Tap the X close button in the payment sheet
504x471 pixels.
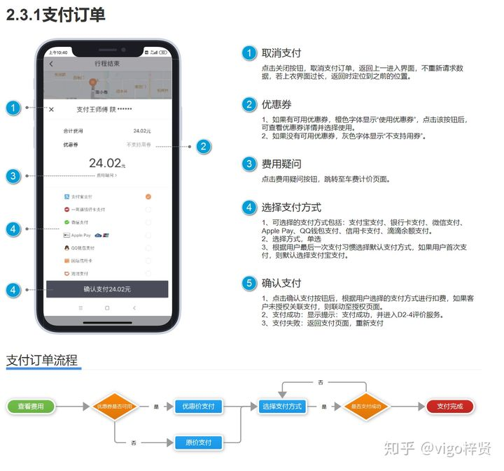point(51,109)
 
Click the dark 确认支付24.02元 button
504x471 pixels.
point(107,289)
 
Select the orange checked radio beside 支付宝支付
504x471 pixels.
point(148,196)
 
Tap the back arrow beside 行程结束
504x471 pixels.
point(51,64)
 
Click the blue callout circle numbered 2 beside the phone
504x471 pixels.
point(203,146)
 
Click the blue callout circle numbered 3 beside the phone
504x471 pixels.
point(13,175)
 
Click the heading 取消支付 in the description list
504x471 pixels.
point(281,52)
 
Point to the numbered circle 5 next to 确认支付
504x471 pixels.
point(248,283)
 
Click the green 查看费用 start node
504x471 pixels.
point(30,406)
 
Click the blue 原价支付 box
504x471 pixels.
point(198,442)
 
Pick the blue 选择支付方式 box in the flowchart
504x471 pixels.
point(282,406)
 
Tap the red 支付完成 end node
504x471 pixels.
point(450,406)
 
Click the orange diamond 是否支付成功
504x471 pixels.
point(366,406)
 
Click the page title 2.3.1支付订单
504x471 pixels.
point(56,15)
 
